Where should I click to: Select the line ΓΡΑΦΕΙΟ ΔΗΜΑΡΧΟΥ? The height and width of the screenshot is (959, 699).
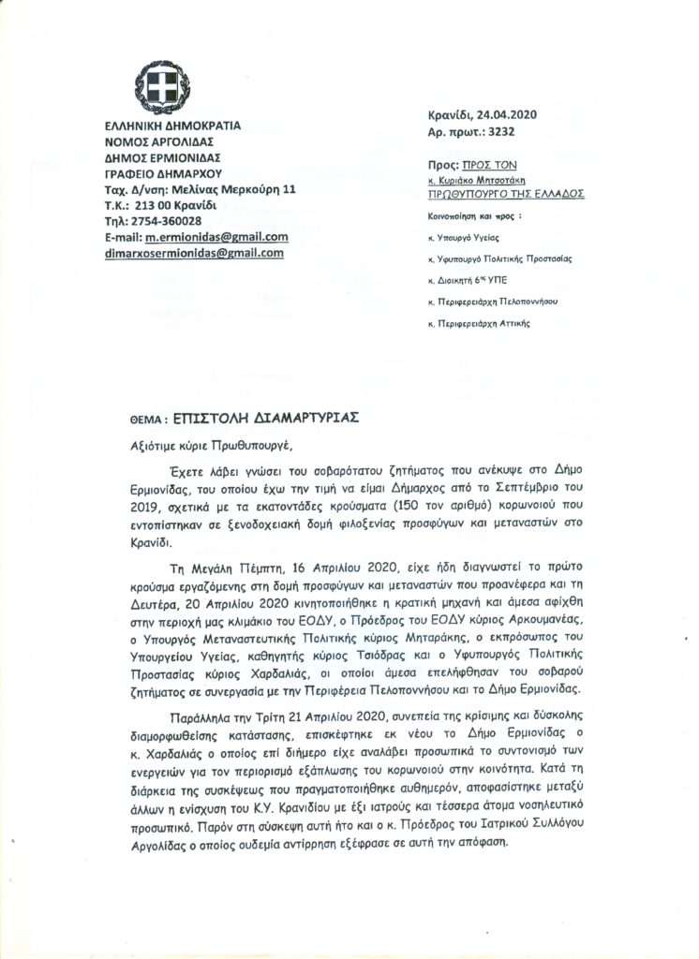159,171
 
